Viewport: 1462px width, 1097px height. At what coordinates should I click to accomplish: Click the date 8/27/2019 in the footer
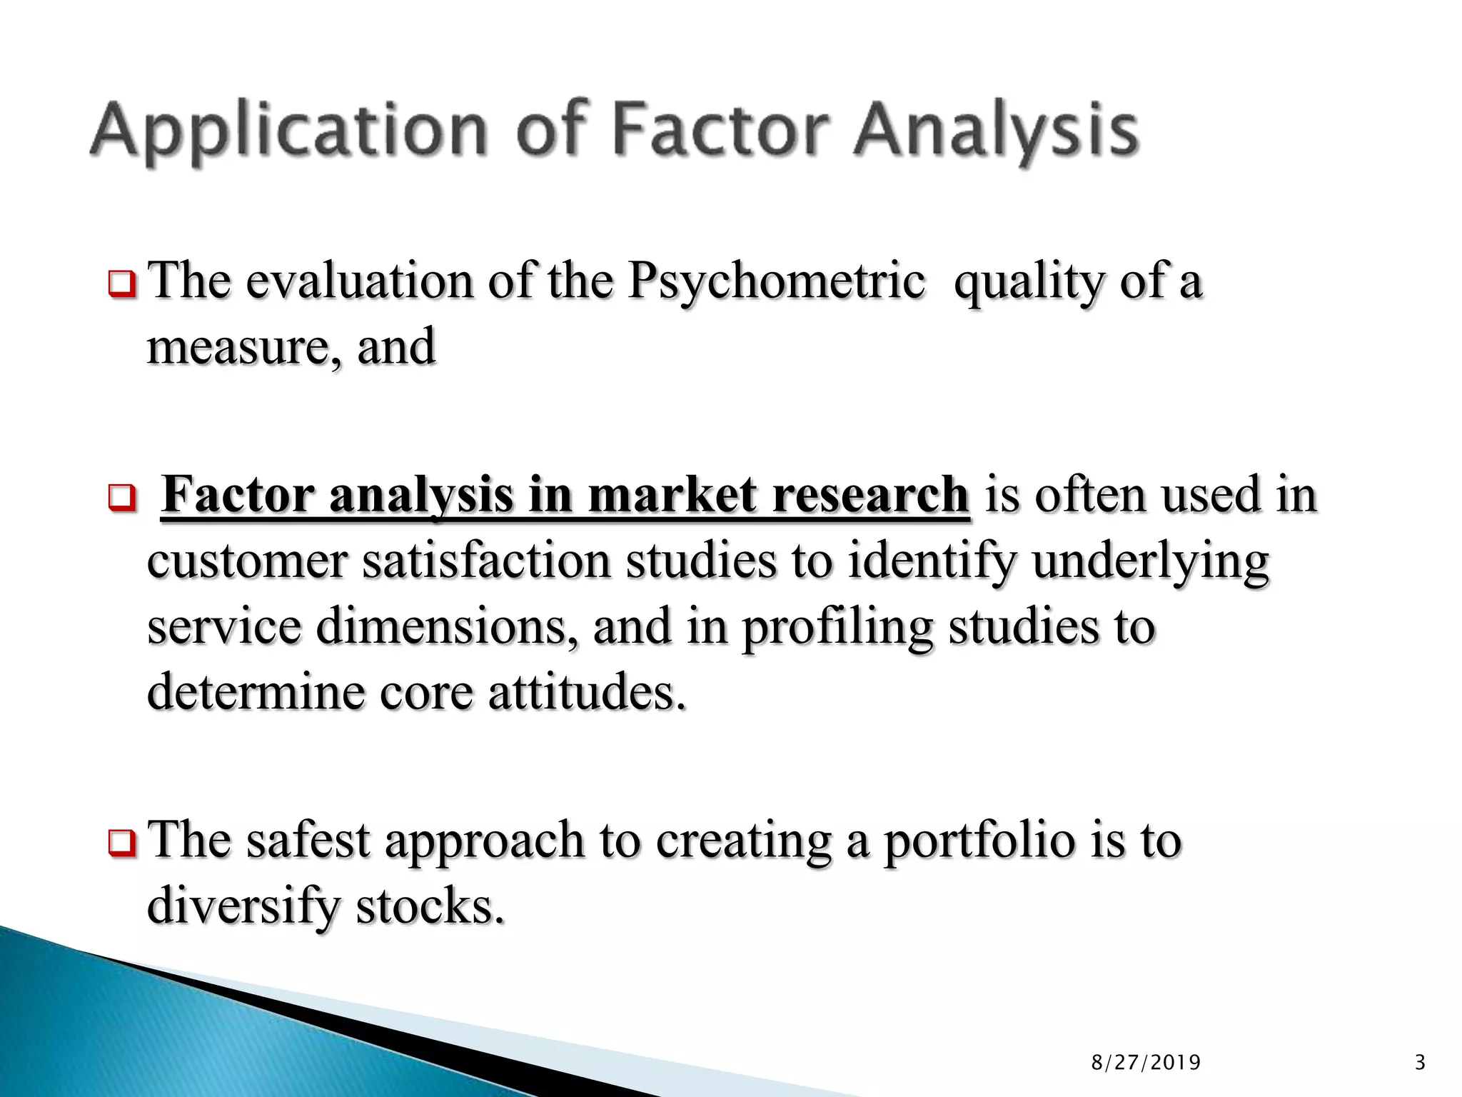(1146, 1063)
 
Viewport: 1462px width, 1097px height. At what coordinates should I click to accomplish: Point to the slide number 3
(1419, 1063)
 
